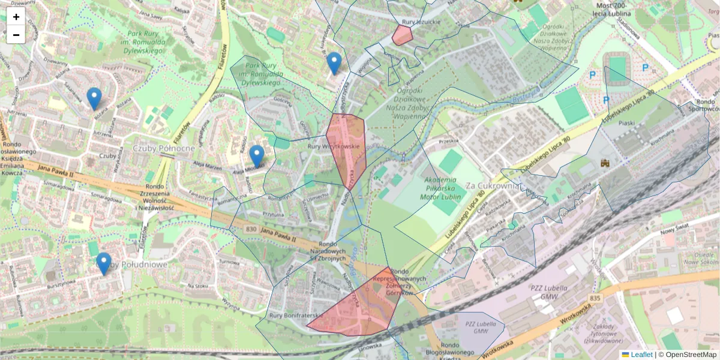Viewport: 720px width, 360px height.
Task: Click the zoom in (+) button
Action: coord(16,17)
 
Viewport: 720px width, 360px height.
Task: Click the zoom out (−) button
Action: coord(16,35)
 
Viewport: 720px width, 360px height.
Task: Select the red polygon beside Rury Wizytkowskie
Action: coord(347,147)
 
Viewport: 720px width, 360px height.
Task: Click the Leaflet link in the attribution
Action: coord(641,355)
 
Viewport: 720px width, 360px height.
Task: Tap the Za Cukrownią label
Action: coord(491,185)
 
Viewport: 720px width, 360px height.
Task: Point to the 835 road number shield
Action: coord(595,298)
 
